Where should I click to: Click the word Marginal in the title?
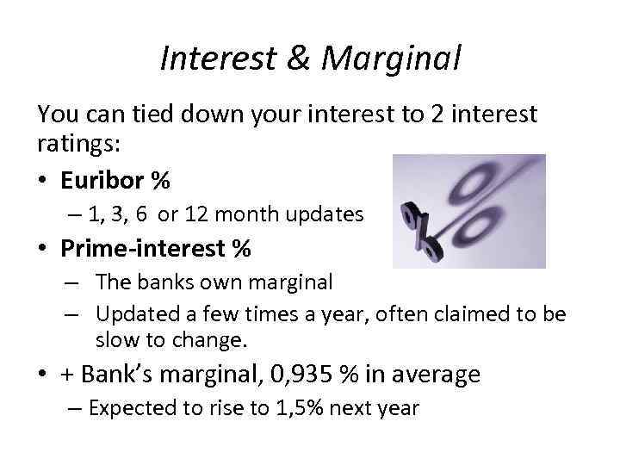[394, 59]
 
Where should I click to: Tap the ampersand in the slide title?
[302, 59]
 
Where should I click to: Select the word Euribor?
[103, 181]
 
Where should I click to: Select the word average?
[433, 374]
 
